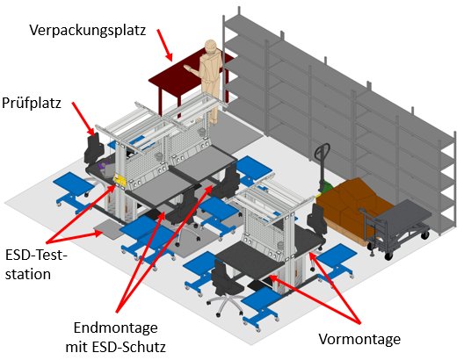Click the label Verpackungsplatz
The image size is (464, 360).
(88, 31)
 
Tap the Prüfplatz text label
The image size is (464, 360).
(32, 103)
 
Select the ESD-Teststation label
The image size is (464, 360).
(36, 265)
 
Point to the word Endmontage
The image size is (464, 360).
(115, 328)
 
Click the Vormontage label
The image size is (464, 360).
(359, 339)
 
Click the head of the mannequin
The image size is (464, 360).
(210, 47)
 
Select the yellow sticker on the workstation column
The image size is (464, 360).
(120, 179)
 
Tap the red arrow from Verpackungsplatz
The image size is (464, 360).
(164, 45)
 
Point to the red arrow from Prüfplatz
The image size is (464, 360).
(83, 119)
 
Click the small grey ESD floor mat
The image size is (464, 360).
(107, 228)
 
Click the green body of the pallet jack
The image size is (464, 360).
(326, 187)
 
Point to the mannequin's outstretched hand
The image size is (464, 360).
(188, 68)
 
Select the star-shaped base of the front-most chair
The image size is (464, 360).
(225, 303)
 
